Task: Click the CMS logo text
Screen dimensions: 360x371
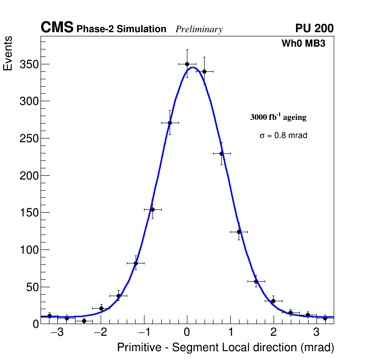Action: coord(57,28)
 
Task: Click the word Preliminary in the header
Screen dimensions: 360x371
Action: coord(199,29)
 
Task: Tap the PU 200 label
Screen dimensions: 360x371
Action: coord(314,28)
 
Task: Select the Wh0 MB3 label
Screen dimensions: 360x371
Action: coord(303,44)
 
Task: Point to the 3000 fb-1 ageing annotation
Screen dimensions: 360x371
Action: coord(278,117)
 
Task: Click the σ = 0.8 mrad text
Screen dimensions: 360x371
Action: coord(283,136)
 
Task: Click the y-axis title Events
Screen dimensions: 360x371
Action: coord(8,53)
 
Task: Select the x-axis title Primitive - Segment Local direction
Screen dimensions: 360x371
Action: coord(226,347)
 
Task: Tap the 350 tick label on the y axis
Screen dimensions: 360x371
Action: coord(28,64)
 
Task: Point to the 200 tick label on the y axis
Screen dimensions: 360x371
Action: coord(28,175)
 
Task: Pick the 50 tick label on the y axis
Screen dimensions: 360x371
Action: coord(31,287)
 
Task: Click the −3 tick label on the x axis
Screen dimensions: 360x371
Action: coord(57,332)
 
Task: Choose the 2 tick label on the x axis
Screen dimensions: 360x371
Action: coord(273,332)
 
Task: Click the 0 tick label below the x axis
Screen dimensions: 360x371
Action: coord(187,332)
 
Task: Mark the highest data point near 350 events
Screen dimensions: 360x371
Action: coord(187,64)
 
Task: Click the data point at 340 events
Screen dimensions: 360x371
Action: coord(204,71)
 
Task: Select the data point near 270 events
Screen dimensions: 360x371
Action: coord(170,123)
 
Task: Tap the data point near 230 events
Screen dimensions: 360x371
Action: coord(221,153)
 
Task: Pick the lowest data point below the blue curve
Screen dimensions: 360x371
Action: coord(84,321)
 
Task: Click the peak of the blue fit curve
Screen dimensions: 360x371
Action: coord(193,67)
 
